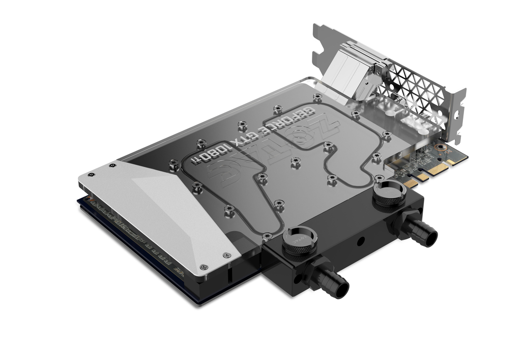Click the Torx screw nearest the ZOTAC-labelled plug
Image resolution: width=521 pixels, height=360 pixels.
point(267,235)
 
